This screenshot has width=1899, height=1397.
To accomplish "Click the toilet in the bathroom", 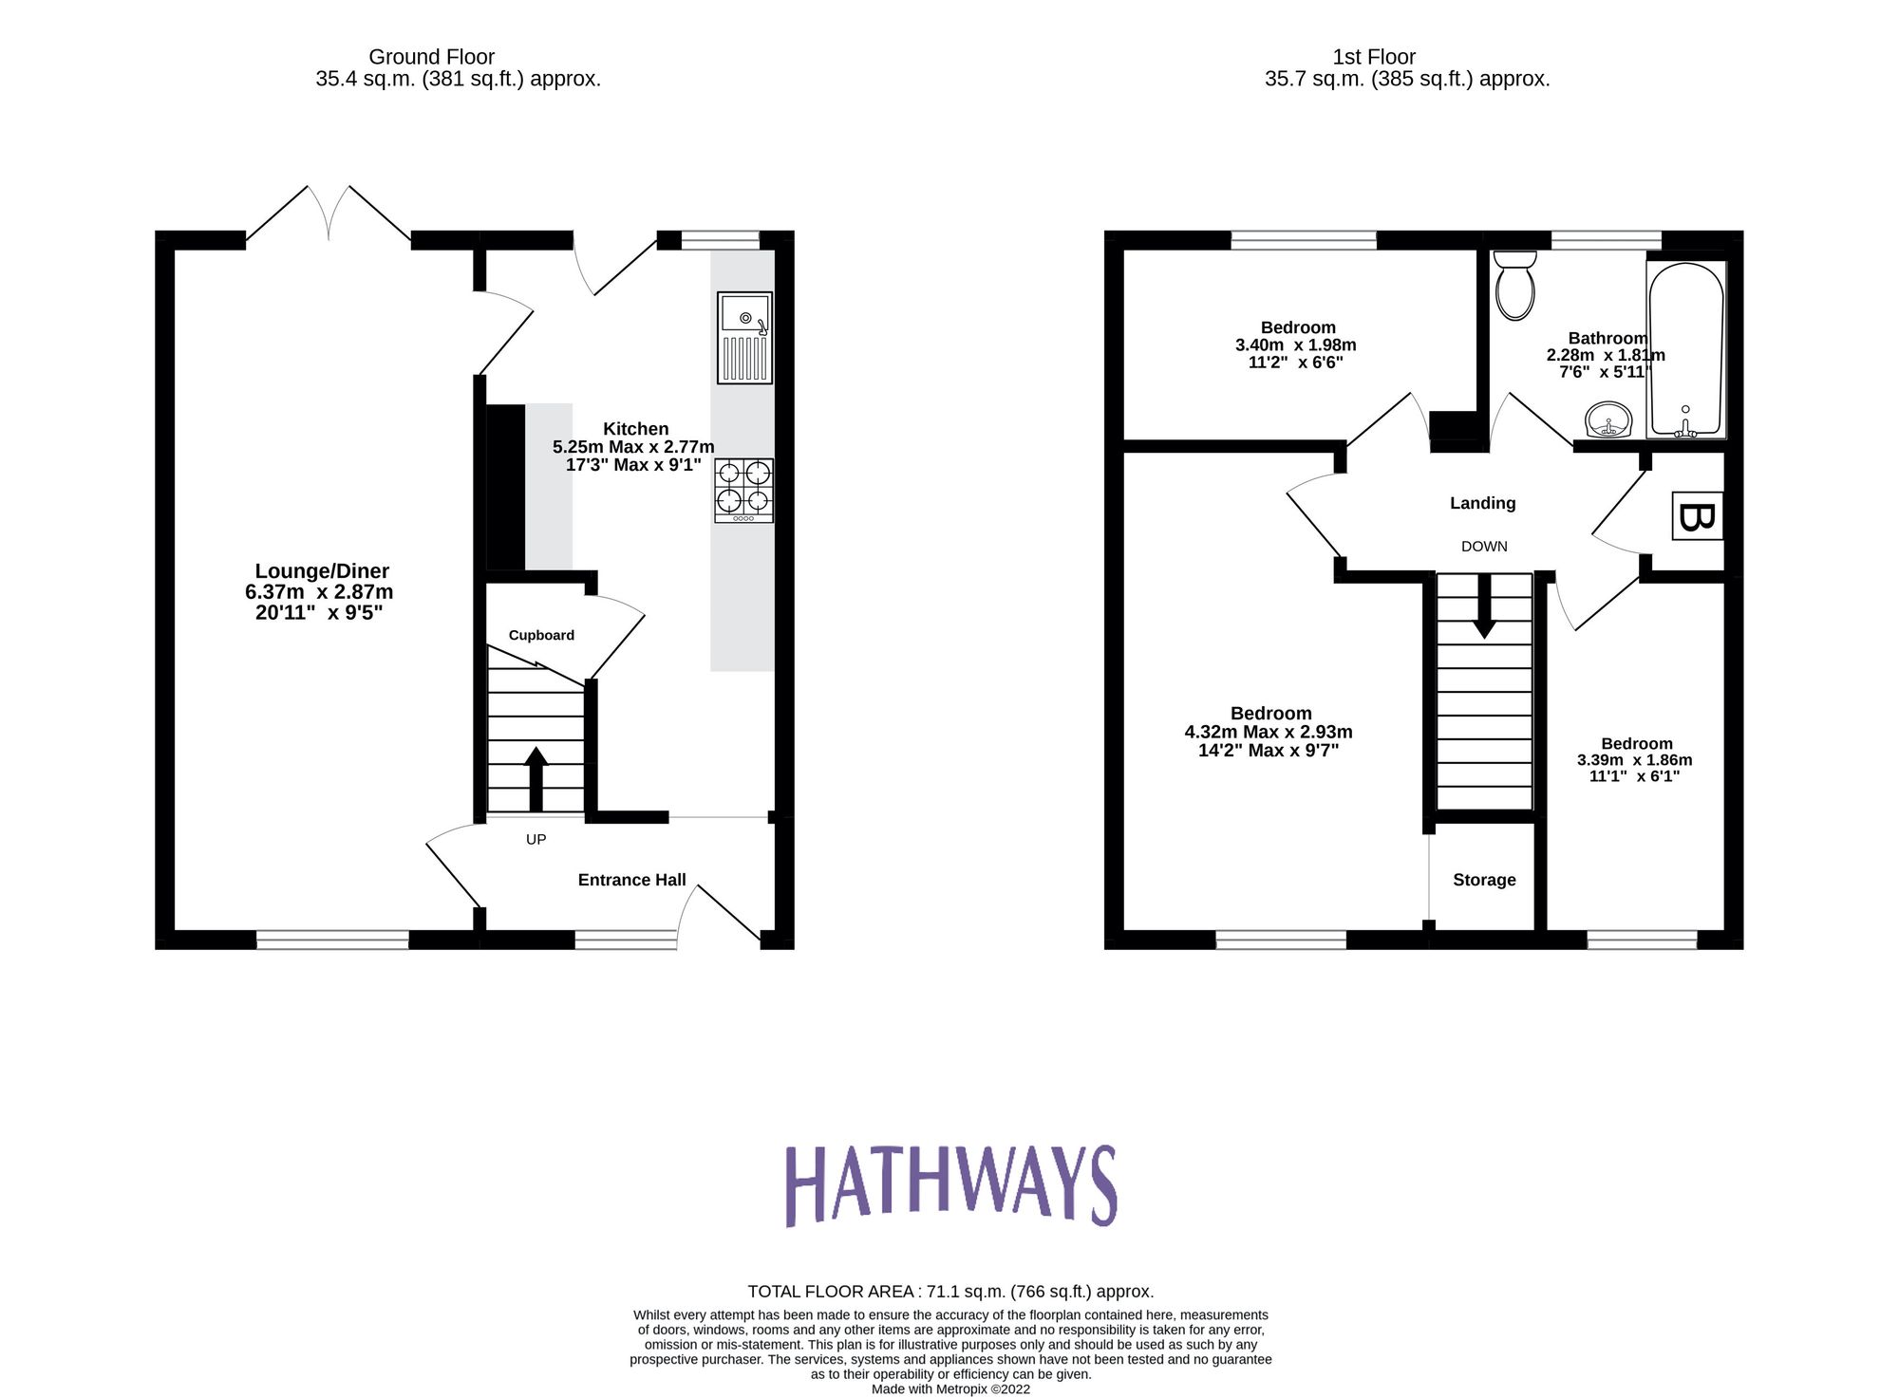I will coord(1514,285).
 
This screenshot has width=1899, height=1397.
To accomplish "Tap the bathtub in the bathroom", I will coord(1685,349).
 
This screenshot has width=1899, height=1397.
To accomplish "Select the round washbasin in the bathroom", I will coord(1608,419).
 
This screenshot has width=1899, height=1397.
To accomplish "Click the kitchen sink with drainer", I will coord(744,337).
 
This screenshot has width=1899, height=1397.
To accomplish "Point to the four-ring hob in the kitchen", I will coord(743,490).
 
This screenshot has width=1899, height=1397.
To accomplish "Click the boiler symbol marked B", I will coord(1697,516).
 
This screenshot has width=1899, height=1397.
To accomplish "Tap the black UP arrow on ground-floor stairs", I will coord(536,778).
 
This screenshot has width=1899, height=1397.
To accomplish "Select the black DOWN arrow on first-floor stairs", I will coord(1484,607).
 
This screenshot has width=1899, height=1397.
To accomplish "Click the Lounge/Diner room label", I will coord(322,571).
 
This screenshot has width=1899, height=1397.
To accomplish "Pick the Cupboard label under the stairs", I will coord(541,635).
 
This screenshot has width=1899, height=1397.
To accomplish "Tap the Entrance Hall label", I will coord(631,880).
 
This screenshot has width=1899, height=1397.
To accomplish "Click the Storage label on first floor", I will coord(1484,880).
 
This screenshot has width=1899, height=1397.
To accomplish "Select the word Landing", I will coord(1482,503).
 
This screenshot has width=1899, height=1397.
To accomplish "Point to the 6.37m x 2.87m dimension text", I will coord(319,592).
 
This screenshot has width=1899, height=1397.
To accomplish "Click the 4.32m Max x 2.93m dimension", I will coord(1269,732).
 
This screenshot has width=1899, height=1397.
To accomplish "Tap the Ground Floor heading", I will coord(431,57).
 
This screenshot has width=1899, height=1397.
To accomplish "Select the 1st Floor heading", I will coord(1373,57).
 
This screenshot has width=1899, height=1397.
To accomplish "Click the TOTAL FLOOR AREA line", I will coord(950,1291).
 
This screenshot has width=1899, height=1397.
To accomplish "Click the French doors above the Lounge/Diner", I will coord(329,214).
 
